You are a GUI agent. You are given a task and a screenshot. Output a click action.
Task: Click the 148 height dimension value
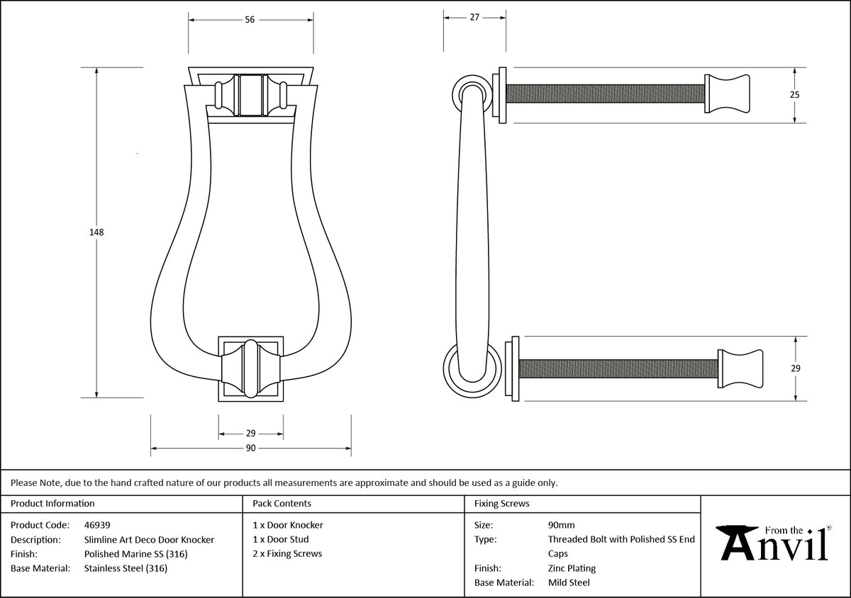click(x=96, y=232)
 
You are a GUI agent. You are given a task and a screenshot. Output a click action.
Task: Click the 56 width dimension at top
click(x=250, y=20)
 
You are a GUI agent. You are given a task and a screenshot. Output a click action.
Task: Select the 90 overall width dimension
click(x=250, y=448)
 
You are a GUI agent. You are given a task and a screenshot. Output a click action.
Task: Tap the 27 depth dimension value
click(x=474, y=17)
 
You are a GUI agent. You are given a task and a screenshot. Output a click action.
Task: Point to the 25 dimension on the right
click(x=795, y=94)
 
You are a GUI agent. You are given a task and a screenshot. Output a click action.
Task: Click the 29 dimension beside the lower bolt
click(x=796, y=368)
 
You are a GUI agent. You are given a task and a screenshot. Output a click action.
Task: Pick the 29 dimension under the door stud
click(x=250, y=433)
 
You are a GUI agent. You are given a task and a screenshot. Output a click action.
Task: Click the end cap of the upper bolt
click(x=727, y=94)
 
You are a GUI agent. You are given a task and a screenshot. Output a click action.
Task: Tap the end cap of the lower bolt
click(x=740, y=368)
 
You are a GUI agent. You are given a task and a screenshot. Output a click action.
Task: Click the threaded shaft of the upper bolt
click(x=605, y=94)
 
